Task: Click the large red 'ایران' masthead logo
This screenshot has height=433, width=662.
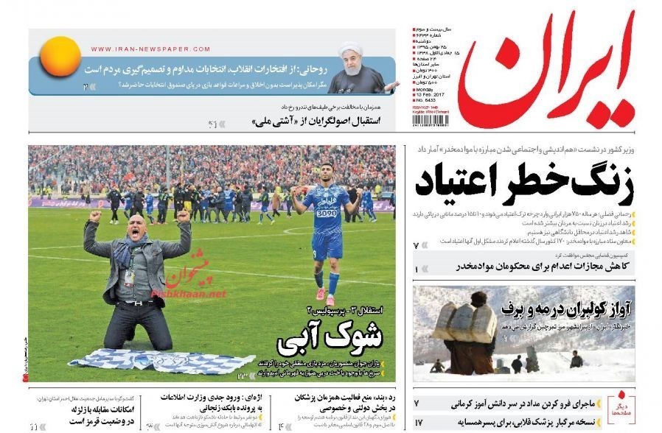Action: [546, 70]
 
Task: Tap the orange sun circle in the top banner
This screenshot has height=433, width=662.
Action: [60, 57]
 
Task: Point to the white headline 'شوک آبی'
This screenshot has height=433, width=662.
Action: [331, 337]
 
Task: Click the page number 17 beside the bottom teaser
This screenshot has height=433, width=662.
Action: [417, 423]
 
